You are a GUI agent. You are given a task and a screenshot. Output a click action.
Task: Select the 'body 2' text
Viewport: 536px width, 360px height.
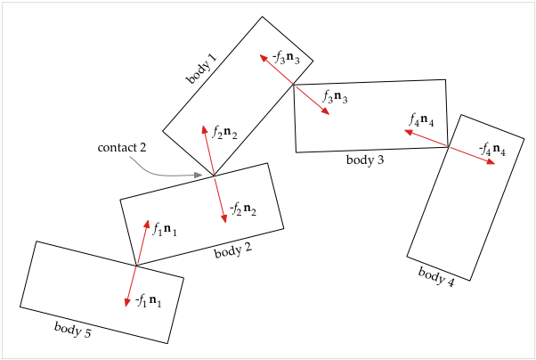tap(233, 250)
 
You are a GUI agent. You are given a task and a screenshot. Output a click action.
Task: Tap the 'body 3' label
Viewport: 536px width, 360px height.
tap(365, 160)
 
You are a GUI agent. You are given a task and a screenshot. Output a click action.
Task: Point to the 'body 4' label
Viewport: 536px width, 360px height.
tap(436, 276)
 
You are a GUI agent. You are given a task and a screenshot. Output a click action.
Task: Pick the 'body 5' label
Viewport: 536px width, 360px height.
tap(73, 329)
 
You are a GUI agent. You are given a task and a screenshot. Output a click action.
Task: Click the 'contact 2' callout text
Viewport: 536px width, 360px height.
tap(122, 148)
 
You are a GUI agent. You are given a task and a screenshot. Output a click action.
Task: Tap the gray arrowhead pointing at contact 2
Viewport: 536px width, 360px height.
tap(199, 176)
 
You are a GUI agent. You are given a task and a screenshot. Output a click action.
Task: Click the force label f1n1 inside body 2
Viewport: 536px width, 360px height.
tap(165, 229)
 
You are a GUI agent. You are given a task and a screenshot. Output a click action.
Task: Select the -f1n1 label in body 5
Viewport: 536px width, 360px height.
tap(149, 301)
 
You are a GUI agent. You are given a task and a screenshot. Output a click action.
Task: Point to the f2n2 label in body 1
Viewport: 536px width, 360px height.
tap(224, 132)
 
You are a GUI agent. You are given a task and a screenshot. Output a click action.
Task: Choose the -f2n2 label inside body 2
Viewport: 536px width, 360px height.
tap(243, 209)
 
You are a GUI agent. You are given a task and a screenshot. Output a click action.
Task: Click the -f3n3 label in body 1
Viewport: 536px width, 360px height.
tap(286, 58)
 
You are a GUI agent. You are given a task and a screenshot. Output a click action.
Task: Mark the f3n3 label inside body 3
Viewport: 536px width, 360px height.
tap(336, 97)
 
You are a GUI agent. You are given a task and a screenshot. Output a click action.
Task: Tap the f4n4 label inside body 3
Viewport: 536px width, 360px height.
tap(421, 120)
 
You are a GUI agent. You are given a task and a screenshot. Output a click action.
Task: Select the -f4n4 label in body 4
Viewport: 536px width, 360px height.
tap(492, 150)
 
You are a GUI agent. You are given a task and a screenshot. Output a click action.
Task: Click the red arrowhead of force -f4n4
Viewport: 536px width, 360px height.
tap(491, 161)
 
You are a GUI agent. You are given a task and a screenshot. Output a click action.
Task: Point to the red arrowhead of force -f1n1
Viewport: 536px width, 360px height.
tap(127, 302)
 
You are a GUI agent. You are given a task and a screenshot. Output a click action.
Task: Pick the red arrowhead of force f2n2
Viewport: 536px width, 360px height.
tap(205, 129)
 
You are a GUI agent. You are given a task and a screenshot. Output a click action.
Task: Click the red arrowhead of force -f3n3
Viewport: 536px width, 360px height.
tap(264, 58)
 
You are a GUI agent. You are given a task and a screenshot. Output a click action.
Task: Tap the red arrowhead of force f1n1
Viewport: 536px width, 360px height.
tap(147, 224)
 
